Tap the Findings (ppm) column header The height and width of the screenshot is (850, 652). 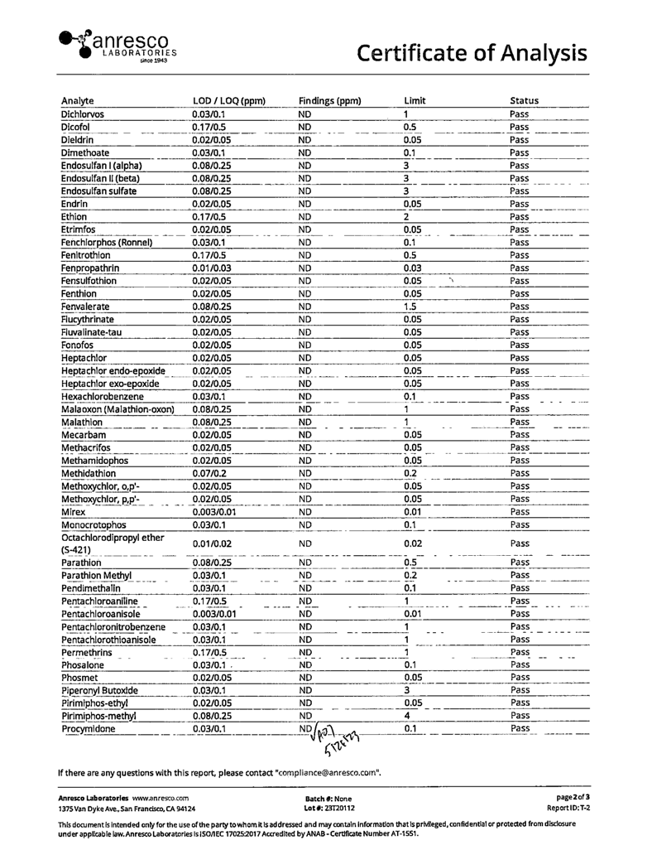[329, 101]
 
